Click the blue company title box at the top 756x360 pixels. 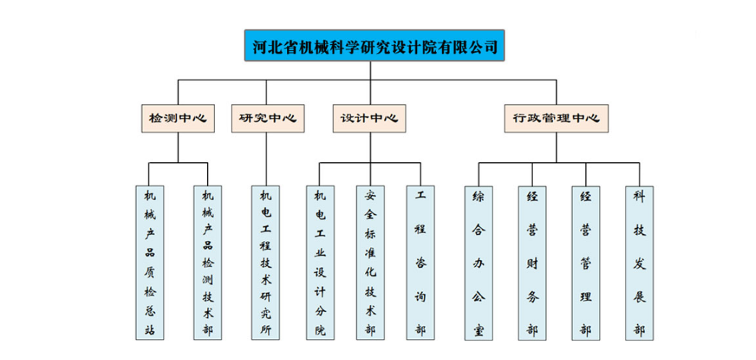click(x=374, y=46)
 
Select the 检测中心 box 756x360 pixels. click(x=178, y=118)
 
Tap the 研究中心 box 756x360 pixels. click(x=268, y=118)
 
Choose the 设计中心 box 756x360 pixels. click(x=369, y=118)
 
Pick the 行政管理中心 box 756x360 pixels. click(x=556, y=118)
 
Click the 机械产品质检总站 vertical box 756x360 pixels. click(x=150, y=262)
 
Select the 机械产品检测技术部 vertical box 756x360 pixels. click(x=208, y=262)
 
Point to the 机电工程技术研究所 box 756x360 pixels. click(x=266, y=262)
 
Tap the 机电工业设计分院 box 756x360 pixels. click(x=320, y=262)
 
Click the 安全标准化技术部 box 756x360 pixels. click(x=370, y=262)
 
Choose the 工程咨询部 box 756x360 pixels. click(x=421, y=262)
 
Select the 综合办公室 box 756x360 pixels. click(x=479, y=262)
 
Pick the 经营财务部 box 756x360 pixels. click(x=532, y=262)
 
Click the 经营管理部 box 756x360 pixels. click(x=586, y=262)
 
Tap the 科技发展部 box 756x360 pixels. click(x=639, y=262)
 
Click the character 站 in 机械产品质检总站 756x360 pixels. click(x=150, y=331)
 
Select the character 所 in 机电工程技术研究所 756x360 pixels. click(x=266, y=331)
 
